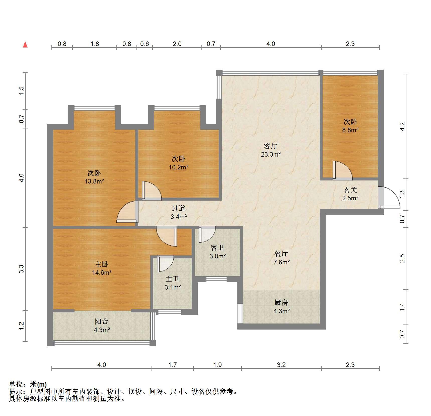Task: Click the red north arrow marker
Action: [25, 44]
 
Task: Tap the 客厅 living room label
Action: [270, 146]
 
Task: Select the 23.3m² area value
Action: [270, 154]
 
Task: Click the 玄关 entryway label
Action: [350, 190]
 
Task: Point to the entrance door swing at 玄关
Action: [389, 198]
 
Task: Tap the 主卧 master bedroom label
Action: [102, 264]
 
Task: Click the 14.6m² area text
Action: [102, 272]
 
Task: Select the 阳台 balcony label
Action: [102, 321]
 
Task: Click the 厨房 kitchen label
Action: [281, 302]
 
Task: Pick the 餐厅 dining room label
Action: [281, 254]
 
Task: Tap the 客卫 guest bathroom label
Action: [217, 248]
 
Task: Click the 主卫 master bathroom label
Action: [172, 279]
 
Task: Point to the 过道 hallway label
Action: [178, 208]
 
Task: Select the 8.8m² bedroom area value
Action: [350, 130]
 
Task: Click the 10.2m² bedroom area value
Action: [178, 167]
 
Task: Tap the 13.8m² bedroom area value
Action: [94, 181]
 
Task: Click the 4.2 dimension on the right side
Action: [402, 126]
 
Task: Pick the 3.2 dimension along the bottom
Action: [281, 365]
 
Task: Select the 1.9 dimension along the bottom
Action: [217, 365]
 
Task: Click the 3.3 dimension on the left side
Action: [22, 269]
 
